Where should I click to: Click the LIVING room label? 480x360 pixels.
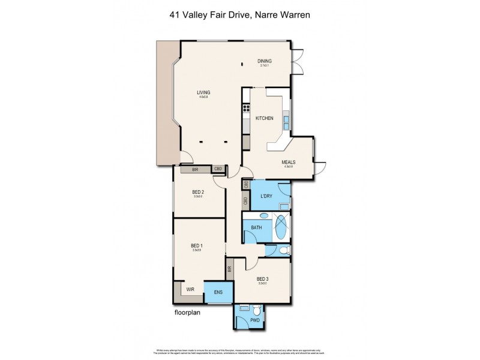(205, 92)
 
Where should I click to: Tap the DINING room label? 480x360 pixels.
(265, 61)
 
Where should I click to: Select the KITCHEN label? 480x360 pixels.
(265, 118)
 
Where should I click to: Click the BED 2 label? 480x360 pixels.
(199, 192)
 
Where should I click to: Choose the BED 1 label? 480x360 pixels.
(197, 245)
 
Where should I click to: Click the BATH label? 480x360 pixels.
(256, 228)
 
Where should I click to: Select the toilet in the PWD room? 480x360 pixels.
(257, 311)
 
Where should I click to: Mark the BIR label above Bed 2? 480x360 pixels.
(195, 170)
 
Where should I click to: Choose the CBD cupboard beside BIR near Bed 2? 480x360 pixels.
(218, 170)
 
